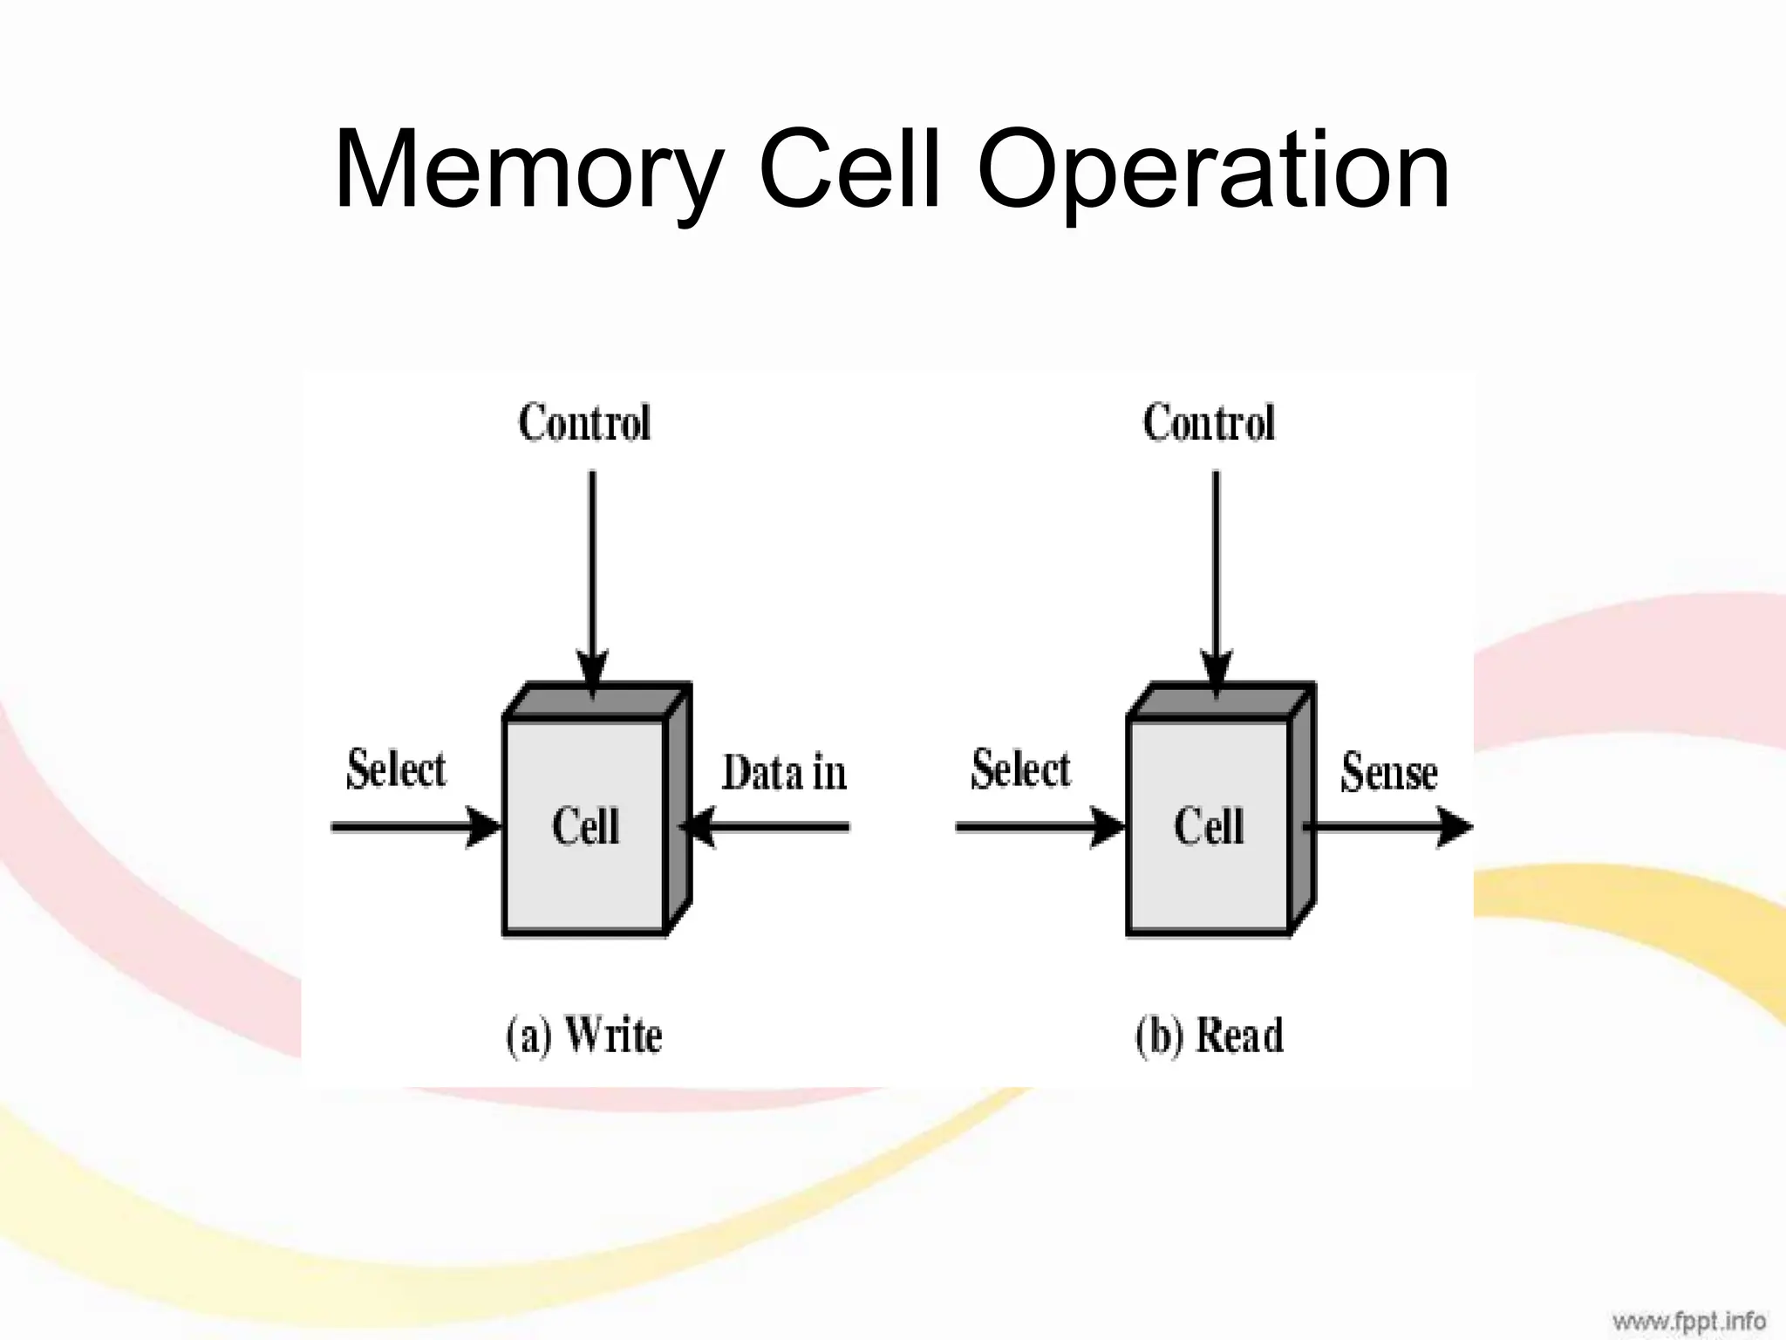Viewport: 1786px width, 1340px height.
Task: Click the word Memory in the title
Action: [x=528, y=171]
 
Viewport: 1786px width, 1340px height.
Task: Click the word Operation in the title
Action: [x=1213, y=171]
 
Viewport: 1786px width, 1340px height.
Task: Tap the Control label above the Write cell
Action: [x=584, y=423]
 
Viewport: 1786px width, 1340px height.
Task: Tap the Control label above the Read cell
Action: [x=1209, y=423]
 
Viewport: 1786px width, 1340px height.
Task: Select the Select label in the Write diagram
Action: [x=396, y=769]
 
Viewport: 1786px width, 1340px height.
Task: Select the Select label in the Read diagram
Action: [x=1020, y=769]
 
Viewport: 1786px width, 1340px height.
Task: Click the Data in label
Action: [x=784, y=773]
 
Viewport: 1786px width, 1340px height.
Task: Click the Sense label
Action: [x=1388, y=773]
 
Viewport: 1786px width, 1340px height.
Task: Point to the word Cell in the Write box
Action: [x=585, y=826]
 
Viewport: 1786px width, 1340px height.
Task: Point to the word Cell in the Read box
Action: [x=1209, y=826]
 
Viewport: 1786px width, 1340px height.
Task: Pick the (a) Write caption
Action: [x=584, y=1036]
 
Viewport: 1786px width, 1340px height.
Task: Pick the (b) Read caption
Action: [x=1210, y=1036]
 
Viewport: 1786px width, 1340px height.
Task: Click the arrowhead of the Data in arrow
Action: [x=699, y=827]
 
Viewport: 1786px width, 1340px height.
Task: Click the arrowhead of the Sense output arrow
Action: [x=1453, y=827]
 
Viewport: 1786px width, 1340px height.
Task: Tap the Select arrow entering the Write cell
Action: [x=410, y=827]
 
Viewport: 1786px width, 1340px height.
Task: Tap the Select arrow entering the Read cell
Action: [x=1034, y=827]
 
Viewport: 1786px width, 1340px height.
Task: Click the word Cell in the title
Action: [x=849, y=171]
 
